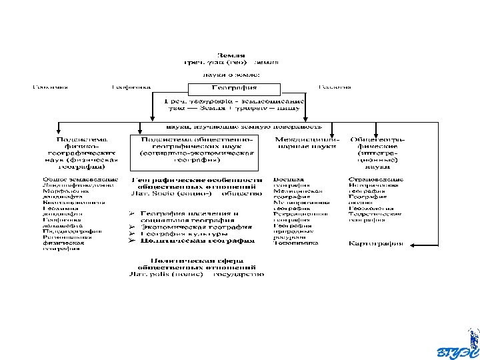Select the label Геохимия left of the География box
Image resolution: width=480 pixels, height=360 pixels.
click(51, 87)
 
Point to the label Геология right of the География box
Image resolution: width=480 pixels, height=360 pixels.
click(335, 87)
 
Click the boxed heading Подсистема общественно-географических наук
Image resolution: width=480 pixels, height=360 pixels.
click(197, 150)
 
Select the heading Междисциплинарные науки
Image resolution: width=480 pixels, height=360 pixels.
click(307, 143)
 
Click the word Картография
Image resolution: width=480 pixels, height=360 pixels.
click(377, 243)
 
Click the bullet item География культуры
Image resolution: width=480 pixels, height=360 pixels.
click(181, 234)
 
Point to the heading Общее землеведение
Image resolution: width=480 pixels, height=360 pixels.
click(80, 179)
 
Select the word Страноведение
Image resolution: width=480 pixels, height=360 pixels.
click(376, 179)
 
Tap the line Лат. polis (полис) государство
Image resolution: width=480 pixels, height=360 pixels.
click(197, 273)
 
